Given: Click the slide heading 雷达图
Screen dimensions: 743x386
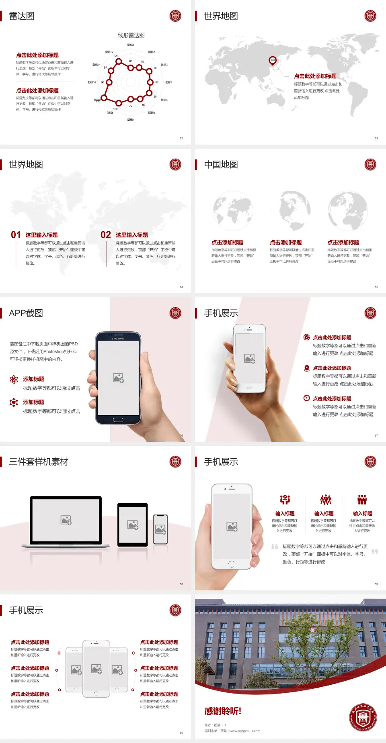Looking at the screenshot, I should coord(22,16).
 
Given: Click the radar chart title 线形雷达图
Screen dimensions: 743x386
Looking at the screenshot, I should coord(131,35).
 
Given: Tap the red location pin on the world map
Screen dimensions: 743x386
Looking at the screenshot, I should coord(272,60).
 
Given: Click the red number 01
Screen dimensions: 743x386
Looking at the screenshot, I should coord(16,235).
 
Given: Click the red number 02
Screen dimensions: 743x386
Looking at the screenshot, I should coord(106,235).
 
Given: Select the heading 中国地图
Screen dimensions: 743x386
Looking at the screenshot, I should coord(221,165).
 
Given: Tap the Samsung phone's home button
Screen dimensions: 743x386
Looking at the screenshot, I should coord(118,420).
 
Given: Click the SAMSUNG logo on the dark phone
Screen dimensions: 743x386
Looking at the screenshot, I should coord(118,339).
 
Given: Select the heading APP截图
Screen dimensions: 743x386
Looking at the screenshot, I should coord(26,313).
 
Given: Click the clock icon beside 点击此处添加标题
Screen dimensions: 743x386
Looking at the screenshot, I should coord(306,398).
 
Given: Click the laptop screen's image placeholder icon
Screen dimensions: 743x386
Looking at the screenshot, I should coord(66,520).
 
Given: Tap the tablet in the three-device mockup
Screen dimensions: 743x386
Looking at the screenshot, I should coord(133,524).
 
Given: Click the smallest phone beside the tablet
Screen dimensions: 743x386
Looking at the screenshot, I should coord(160,529).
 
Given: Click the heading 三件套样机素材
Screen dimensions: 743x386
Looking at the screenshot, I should coord(39,462).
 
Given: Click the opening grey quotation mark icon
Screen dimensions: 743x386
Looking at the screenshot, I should coord(275,546).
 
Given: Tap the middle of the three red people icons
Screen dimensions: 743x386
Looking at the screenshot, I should coord(325,500).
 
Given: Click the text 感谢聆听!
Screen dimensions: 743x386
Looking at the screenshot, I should coord(223,711).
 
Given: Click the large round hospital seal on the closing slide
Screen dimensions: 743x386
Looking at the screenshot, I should coord(363,717).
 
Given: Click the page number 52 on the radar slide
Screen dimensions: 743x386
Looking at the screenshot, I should coord(181,138).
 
